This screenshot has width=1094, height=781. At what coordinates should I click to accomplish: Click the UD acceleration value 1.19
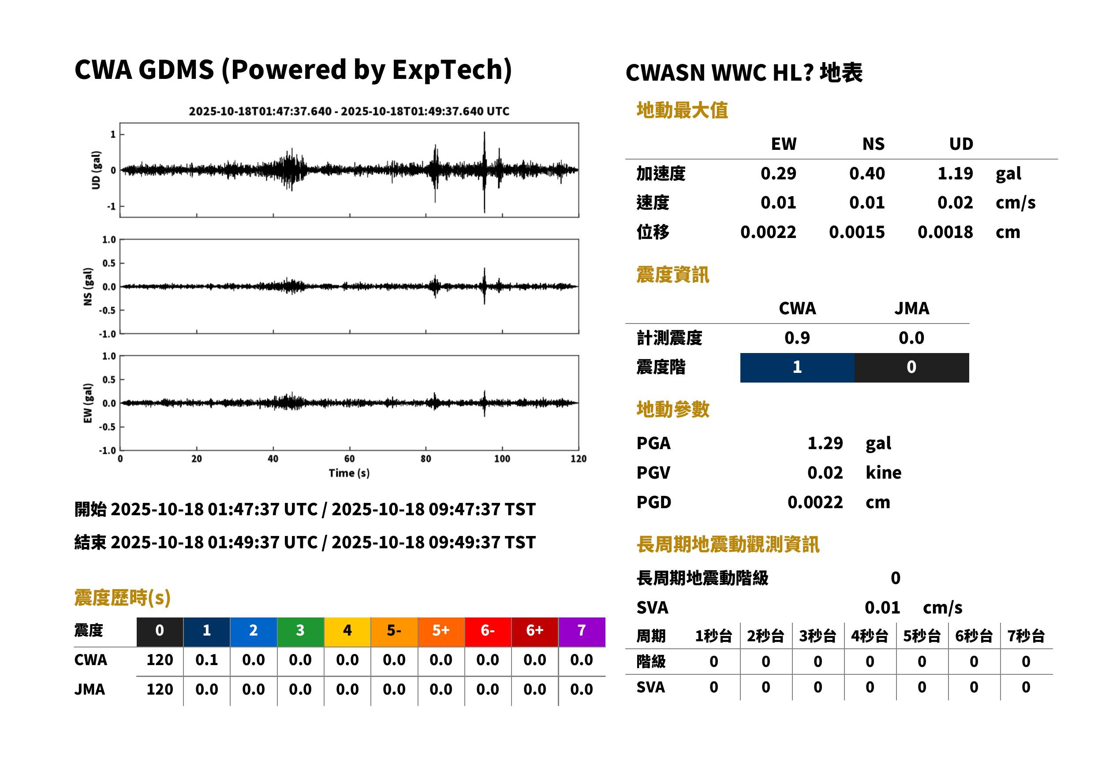(955, 173)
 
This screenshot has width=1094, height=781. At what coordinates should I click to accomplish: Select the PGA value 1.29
(825, 443)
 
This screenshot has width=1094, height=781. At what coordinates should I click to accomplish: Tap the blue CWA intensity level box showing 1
(797, 368)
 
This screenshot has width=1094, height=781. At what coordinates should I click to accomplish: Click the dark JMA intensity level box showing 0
(912, 368)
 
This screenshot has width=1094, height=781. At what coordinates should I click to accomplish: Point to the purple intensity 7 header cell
(582, 632)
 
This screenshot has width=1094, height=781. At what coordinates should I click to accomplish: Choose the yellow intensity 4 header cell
(347, 632)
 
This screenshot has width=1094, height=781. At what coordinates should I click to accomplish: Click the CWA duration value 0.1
(206, 660)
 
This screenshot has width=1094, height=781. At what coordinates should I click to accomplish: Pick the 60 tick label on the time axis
(349, 459)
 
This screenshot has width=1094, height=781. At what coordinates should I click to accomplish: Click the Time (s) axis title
(349, 473)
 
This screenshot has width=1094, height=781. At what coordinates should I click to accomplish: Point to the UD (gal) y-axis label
(96, 170)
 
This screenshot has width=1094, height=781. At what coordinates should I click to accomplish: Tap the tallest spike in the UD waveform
(484, 172)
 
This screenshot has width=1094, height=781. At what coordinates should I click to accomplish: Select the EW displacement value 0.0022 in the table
(768, 232)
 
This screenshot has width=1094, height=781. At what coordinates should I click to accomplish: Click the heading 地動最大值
(682, 110)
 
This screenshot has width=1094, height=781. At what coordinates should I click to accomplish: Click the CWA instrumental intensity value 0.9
(797, 338)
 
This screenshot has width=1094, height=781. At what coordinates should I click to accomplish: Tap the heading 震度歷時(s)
(123, 598)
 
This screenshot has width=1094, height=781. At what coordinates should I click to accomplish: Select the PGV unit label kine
(883, 473)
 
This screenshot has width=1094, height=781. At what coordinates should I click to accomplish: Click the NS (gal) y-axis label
(88, 286)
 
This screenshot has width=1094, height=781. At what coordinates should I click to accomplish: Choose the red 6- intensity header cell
(488, 632)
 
